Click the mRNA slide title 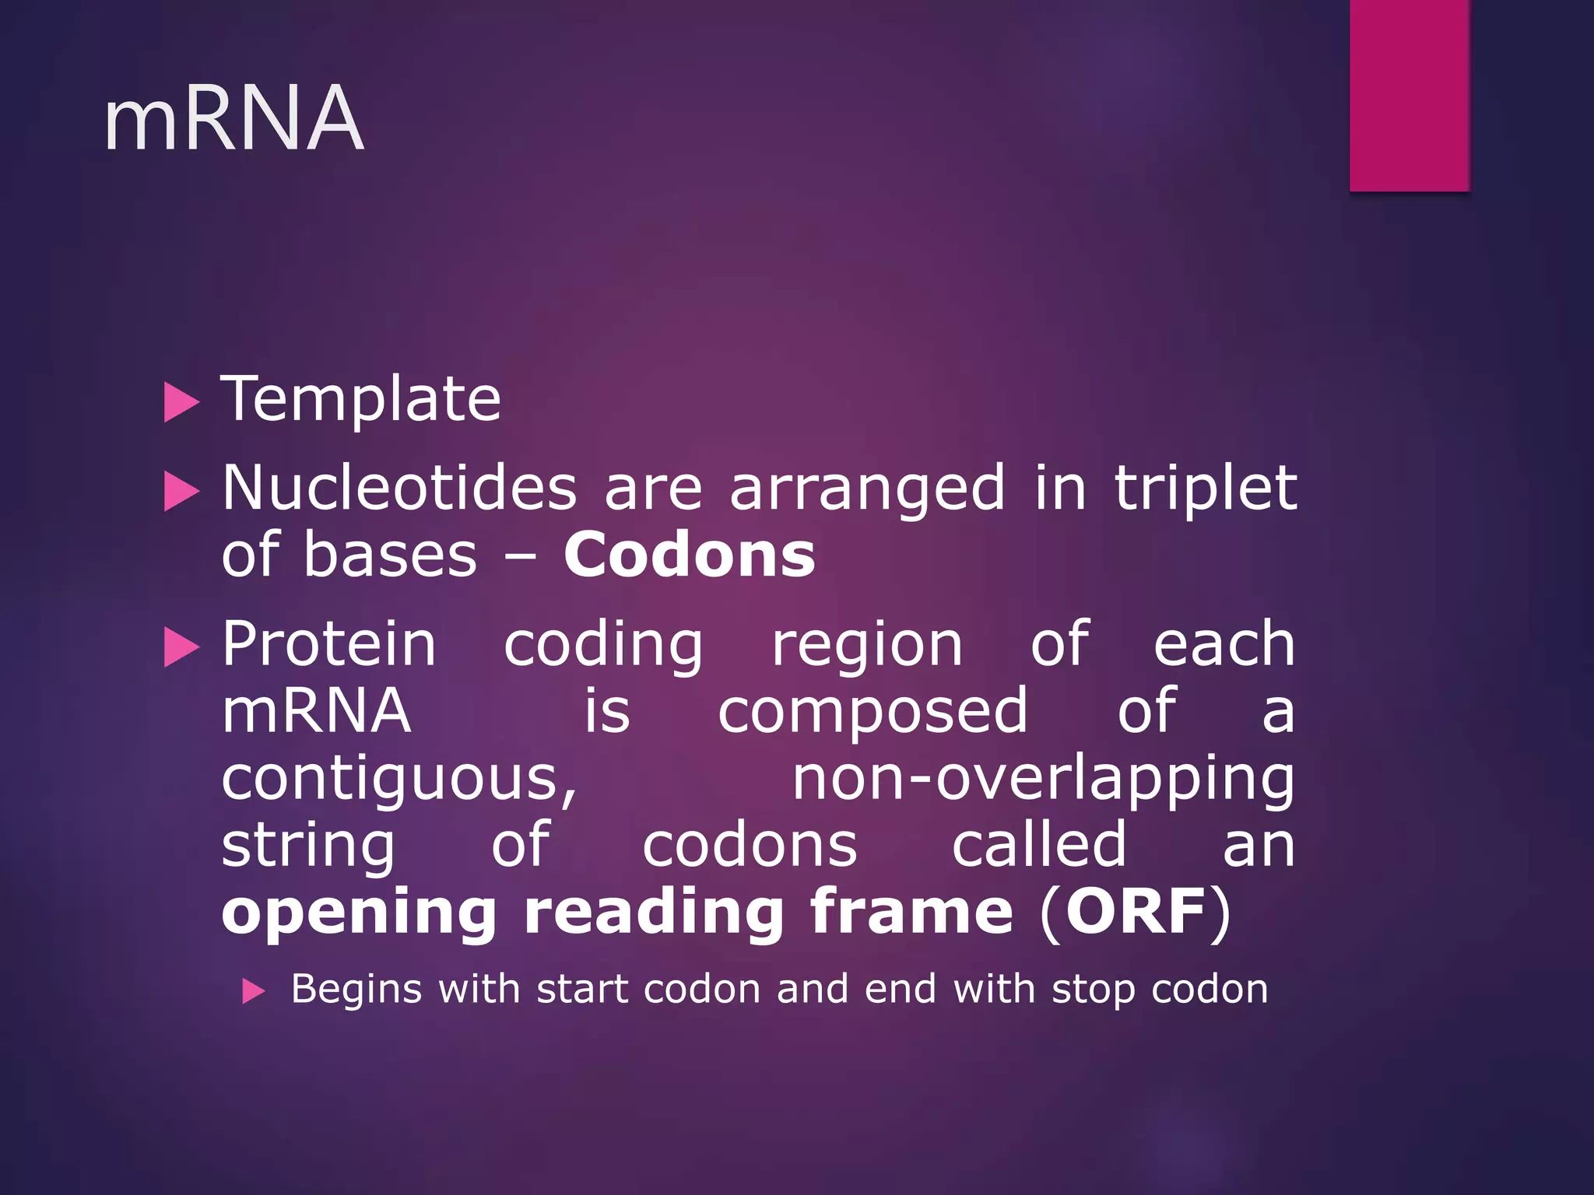(233, 118)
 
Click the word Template (360, 399)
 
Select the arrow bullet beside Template (182, 403)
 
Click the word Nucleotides (399, 489)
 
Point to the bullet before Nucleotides (182, 492)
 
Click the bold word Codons (690, 555)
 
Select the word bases (389, 555)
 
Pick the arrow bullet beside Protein (182, 648)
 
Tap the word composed (872, 713)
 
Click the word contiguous (399, 780)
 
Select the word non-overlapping (1043, 780)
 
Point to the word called (1039, 846)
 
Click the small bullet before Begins (254, 992)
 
